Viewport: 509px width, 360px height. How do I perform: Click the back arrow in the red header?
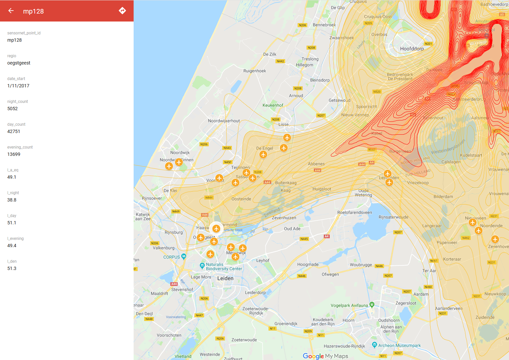click(x=11, y=11)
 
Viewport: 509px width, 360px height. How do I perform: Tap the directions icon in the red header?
click(x=122, y=11)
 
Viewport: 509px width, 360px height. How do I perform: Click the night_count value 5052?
click(x=13, y=109)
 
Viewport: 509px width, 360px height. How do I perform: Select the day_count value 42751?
click(x=14, y=131)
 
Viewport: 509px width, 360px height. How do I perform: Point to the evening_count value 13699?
click(x=14, y=154)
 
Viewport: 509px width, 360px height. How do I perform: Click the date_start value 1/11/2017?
click(x=18, y=86)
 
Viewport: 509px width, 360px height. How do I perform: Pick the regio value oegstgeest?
click(x=19, y=63)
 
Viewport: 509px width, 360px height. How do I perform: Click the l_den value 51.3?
click(x=12, y=268)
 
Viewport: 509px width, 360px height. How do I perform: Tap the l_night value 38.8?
click(x=12, y=200)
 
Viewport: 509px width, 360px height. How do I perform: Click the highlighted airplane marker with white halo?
click(x=216, y=228)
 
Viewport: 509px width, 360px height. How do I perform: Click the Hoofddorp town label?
click(x=412, y=49)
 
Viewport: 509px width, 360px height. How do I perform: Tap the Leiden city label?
click(x=225, y=278)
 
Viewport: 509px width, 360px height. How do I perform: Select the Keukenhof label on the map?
click(x=273, y=105)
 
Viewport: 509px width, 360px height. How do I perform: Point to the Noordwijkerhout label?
click(x=224, y=121)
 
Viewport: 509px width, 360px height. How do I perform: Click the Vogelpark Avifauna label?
click(x=349, y=305)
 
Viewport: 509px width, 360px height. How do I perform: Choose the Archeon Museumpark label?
click(x=399, y=345)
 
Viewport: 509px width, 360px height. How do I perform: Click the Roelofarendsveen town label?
click(x=355, y=212)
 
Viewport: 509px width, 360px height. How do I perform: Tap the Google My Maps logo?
click(x=325, y=356)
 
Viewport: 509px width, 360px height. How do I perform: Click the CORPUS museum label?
click(x=172, y=257)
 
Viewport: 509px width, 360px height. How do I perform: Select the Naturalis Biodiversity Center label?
click(x=224, y=267)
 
